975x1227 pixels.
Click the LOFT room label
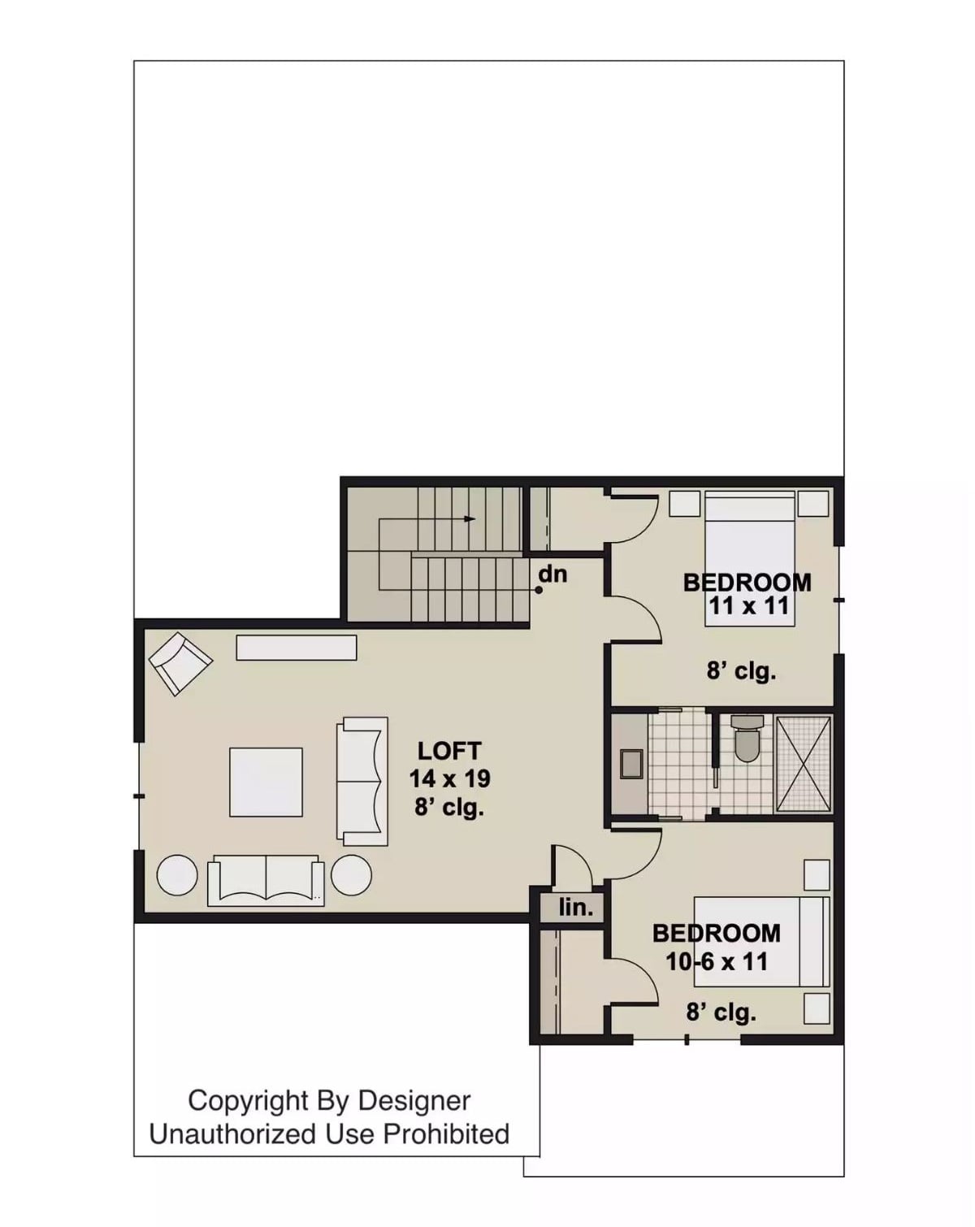(448, 750)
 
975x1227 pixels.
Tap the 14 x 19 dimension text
(449, 778)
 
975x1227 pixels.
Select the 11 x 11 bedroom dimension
(748, 605)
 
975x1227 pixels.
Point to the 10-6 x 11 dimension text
(717, 961)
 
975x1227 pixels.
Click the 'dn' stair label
(552, 574)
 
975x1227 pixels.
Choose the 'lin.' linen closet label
(575, 908)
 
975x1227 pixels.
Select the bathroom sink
(630, 764)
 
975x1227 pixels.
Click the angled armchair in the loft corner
(180, 664)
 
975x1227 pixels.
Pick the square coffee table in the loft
(266, 782)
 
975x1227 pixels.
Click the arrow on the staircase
(470, 518)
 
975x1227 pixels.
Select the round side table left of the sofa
(176, 875)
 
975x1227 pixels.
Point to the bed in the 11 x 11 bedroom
(749, 561)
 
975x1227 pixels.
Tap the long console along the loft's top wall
(296, 647)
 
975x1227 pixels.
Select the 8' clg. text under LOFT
(449, 808)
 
